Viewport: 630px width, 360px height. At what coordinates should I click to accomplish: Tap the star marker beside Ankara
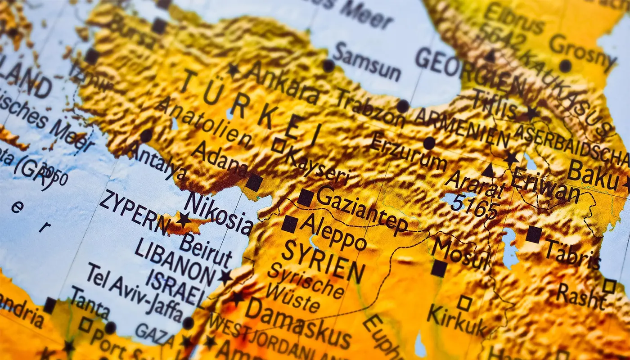coord(233,69)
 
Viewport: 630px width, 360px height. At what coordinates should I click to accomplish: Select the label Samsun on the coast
coord(367,62)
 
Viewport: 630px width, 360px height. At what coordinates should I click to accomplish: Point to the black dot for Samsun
coord(328,66)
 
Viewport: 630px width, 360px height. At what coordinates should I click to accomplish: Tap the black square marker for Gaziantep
coord(305,198)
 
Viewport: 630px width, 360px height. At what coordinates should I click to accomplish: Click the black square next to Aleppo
coord(290,224)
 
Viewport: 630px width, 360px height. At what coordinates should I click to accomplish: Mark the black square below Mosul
coord(439,269)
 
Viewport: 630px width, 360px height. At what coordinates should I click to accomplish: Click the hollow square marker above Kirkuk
coord(464,303)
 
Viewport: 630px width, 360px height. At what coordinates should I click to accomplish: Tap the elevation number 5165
coord(475,207)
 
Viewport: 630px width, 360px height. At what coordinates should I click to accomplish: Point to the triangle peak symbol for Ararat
coord(488,171)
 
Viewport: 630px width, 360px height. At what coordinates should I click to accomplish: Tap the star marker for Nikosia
coord(183,220)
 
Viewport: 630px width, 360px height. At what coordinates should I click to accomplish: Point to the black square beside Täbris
coord(534,234)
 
